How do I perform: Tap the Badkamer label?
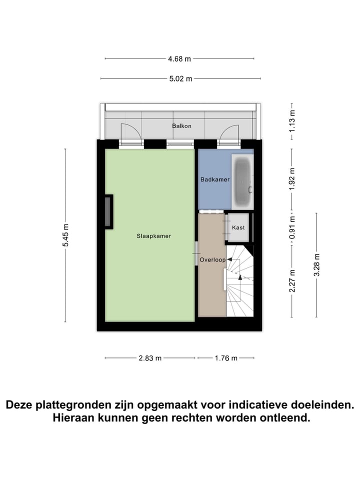point(215,179)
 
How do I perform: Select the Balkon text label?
point(181,126)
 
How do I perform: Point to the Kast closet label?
point(238,227)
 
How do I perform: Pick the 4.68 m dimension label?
point(179,58)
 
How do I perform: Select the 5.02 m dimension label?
point(179,78)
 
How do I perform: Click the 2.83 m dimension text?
point(150,357)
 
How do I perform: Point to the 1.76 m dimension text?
point(225,357)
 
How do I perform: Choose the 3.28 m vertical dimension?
point(316,265)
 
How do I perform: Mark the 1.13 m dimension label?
point(292,120)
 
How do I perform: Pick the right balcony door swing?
point(229,133)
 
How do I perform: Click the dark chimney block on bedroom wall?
point(108,211)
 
